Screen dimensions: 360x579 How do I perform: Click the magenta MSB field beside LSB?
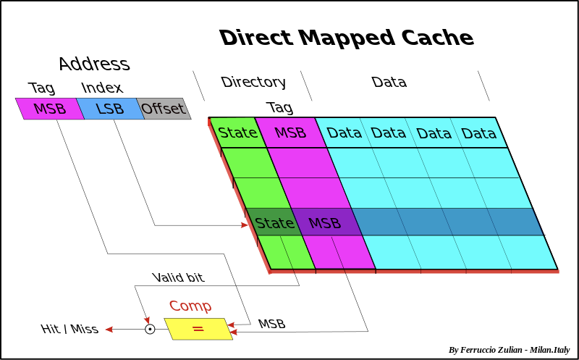[49, 109]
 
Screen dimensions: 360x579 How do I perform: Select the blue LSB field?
[110, 109]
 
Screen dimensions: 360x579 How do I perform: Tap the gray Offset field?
[163, 109]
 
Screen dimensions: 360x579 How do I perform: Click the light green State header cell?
[237, 133]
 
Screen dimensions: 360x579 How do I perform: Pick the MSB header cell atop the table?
[290, 133]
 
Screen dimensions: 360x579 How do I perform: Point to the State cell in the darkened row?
[274, 222]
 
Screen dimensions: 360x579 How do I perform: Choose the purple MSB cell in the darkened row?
[325, 222]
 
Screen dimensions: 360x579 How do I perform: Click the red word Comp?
[190, 306]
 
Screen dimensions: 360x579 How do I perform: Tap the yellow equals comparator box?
[198, 329]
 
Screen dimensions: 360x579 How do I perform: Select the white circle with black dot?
[150, 329]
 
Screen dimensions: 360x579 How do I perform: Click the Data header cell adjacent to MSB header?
[344, 133]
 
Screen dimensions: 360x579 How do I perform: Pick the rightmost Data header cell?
[478, 133]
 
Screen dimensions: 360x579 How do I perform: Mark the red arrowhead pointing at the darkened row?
[244, 225]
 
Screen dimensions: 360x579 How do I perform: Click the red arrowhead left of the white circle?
[109, 330]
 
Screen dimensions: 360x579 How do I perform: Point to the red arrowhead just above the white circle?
[147, 319]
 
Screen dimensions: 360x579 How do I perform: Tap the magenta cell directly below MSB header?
[303, 162]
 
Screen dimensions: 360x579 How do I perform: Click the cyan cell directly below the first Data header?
[356, 162]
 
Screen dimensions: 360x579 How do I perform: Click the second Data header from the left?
[388, 133]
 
